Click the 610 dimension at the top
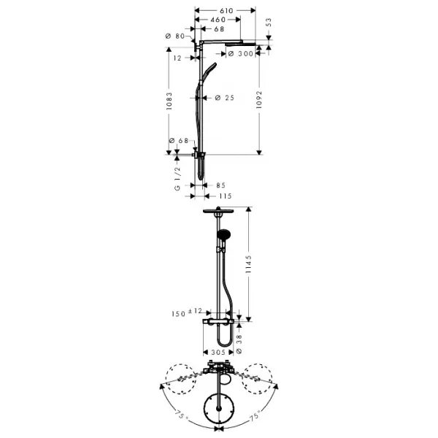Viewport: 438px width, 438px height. [226, 11]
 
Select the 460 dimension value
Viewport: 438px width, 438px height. [218, 20]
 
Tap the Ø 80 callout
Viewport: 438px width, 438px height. [175, 36]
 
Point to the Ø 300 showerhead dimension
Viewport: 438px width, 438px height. [240, 53]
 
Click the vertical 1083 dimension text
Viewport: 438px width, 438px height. [169, 101]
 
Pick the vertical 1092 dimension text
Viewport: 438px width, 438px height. [259, 99]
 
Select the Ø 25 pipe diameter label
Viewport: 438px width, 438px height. [225, 98]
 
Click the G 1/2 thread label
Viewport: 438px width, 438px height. [177, 179]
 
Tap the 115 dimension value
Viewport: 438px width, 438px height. [226, 196]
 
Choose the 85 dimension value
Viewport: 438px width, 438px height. [220, 185]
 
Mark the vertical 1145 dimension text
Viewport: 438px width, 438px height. [248, 264]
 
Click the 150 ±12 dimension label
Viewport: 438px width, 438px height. [187, 312]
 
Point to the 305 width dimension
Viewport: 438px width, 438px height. [218, 353]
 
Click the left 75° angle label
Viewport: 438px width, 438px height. [181, 414]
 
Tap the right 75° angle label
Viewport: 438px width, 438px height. [255, 415]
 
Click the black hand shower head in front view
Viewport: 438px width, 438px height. [223, 234]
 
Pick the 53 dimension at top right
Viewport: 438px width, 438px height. [268, 23]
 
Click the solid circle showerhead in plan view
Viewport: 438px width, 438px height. [219, 409]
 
